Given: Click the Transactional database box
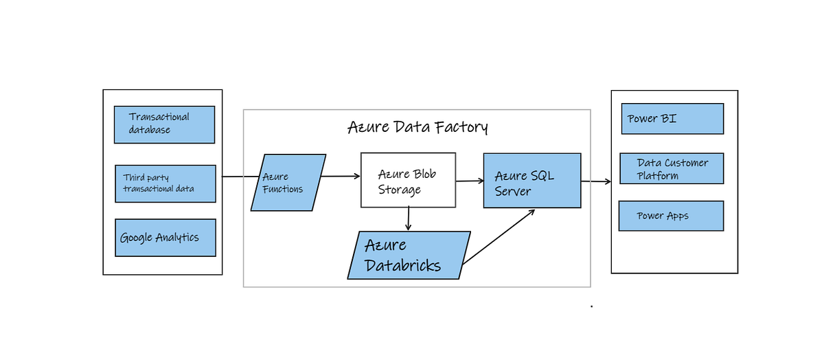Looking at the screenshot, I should (165, 124).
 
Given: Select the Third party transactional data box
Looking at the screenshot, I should (165, 183).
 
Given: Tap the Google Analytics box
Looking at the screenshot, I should (165, 238).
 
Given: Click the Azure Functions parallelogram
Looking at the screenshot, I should (288, 183).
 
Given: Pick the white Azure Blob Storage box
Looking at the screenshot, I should (408, 180).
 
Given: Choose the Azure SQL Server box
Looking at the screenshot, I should (532, 180).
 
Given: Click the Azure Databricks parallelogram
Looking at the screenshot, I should (409, 255).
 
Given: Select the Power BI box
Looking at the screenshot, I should (672, 119).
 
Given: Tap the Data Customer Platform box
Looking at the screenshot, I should (672, 169).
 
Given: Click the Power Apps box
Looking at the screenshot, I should (671, 216).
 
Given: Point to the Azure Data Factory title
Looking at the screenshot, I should (417, 127).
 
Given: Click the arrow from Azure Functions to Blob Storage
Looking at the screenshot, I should (341, 177).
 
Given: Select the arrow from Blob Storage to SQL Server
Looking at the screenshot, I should (470, 181).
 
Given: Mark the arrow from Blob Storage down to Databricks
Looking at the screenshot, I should (409, 219).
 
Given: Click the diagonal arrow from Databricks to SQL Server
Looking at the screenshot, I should (499, 237).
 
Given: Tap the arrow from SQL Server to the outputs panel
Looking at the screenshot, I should (596, 181).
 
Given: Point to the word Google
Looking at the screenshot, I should (136, 238).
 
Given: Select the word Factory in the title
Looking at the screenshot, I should (460, 127).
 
